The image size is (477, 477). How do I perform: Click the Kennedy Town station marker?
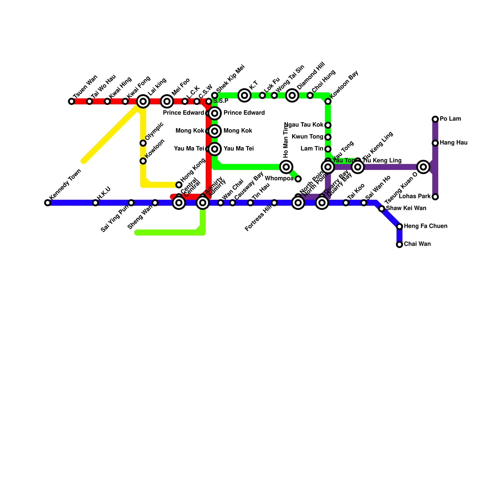pos(48,203)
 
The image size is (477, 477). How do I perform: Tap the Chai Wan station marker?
pos(399,244)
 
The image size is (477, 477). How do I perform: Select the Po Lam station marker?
pos(435,119)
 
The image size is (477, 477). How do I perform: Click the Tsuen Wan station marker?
pos(72,101)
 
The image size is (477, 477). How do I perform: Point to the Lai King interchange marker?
pos(143,101)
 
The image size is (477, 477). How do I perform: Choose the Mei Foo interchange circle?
pos(167,101)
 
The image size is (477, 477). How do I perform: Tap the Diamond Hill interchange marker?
pos(292,95)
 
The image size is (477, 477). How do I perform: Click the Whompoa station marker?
pos(298,179)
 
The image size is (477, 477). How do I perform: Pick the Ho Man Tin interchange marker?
pos(286,167)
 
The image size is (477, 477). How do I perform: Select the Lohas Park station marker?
pos(435,197)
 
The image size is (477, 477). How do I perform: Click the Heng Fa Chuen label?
pos(425,226)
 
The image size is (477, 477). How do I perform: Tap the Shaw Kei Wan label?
pos(406,208)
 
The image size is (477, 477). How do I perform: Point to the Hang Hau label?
pos(453,143)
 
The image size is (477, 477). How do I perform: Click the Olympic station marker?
pos(143,143)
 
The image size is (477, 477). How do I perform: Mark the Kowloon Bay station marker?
pos(328,101)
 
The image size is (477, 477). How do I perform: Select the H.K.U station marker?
pos(95,203)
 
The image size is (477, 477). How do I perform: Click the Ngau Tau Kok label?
pos(304,125)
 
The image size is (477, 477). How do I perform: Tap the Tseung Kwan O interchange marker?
pos(423,167)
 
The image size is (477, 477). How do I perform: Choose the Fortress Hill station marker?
pos(274,203)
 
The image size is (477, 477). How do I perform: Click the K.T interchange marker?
pos(244,95)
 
